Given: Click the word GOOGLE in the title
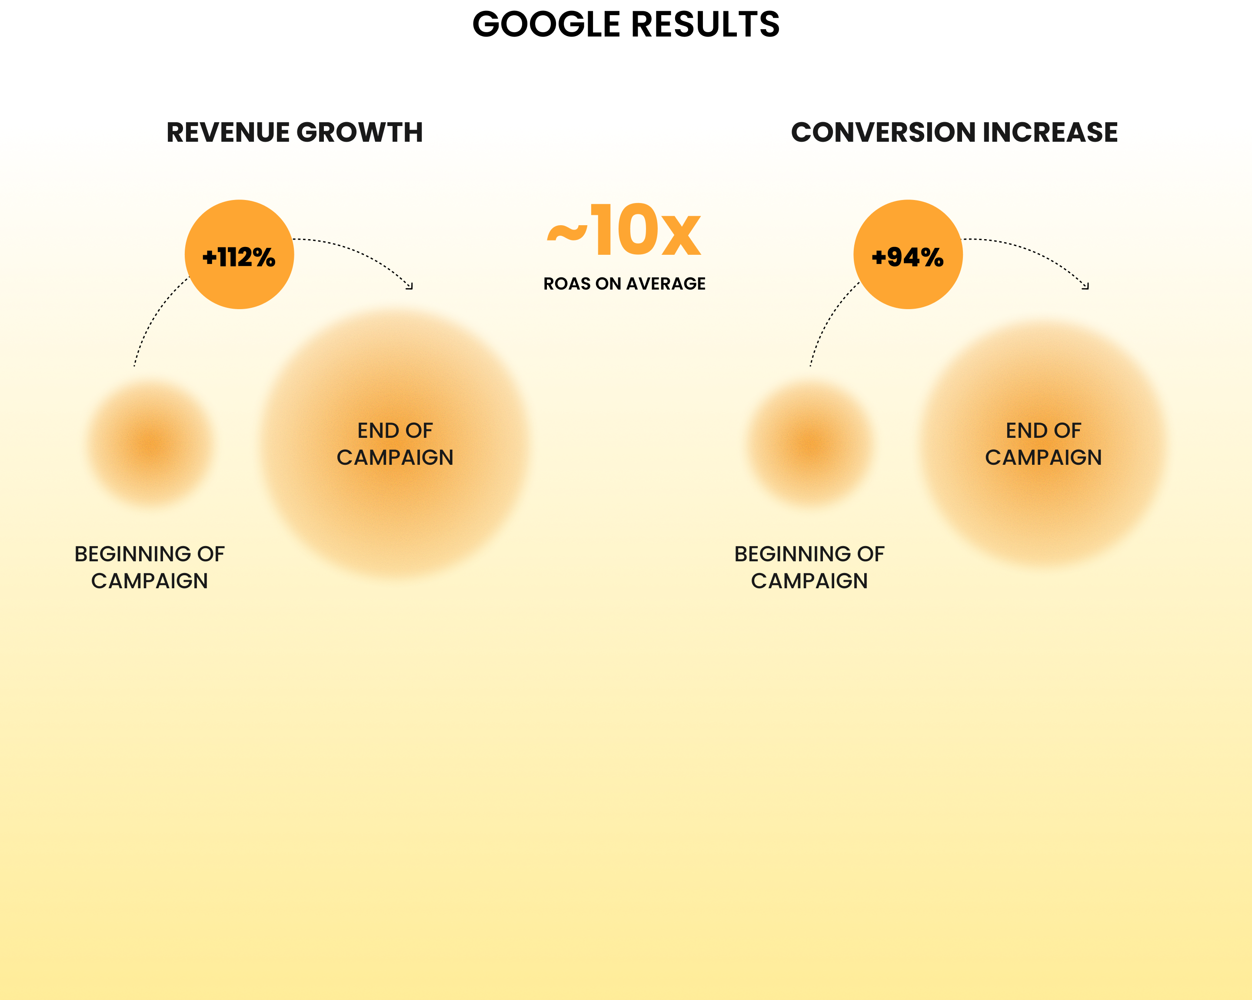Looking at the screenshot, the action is pos(546,24).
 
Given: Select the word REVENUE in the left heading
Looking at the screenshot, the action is pos(228,133).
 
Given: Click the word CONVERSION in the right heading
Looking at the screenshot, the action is pos(882,133).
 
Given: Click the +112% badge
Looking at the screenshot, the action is pos(239,254).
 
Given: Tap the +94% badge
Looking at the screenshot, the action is pos(908,254).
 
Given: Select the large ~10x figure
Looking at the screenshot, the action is pos(624,230).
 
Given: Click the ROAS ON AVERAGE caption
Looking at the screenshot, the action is pos(624,283).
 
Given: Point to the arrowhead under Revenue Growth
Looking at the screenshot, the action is pos(410,286).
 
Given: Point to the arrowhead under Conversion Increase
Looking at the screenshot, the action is pos(1086,286).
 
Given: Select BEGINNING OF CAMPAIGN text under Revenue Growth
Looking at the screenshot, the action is pos(150,567).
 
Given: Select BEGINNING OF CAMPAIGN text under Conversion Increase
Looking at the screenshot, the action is pos(809,567).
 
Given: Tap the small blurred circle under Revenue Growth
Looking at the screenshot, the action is pos(151,445).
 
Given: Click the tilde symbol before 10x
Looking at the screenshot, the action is pos(567,233).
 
